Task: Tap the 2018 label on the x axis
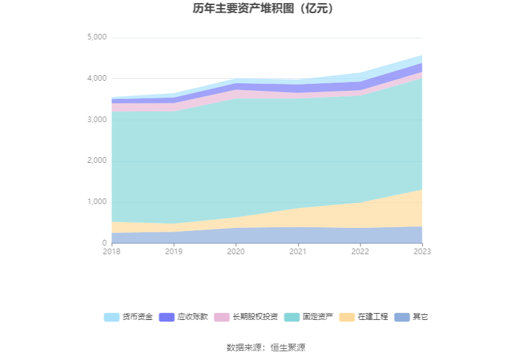coord(111,252)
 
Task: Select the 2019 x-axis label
coord(173,252)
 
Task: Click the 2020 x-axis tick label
coord(235,252)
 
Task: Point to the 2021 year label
coord(298,252)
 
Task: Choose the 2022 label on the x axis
coord(360,252)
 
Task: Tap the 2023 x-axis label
coord(422,252)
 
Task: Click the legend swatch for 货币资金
coord(111,317)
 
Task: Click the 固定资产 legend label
coord(318,317)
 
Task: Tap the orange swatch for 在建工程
coord(347,317)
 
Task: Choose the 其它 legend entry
coord(421,317)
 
